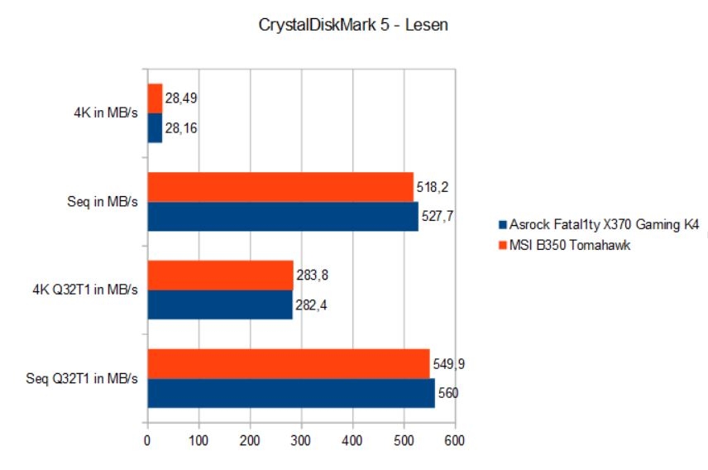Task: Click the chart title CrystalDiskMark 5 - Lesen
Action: point(353,26)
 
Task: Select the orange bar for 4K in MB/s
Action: point(155,98)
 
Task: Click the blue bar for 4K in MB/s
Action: point(155,127)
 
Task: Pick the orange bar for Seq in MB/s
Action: point(280,187)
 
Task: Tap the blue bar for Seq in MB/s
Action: point(283,216)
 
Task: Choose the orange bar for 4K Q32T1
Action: point(221,276)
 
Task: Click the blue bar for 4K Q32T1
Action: point(220,305)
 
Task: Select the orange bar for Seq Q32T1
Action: point(289,364)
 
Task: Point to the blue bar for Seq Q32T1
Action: point(291,393)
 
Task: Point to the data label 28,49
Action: point(180,98)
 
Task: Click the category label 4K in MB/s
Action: point(108,113)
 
